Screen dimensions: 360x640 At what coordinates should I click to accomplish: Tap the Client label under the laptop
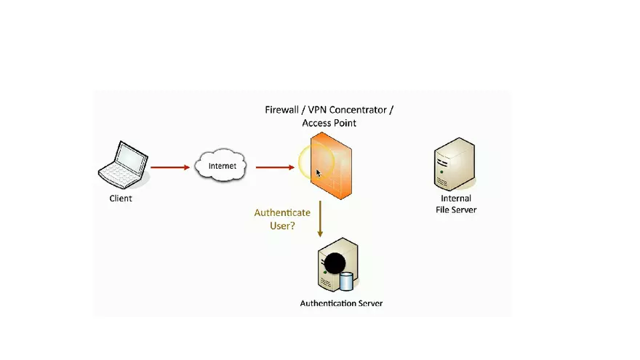tap(121, 198)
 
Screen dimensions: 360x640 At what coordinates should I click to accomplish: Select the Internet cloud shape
tap(222, 167)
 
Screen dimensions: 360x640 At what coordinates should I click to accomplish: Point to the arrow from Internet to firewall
tap(275, 167)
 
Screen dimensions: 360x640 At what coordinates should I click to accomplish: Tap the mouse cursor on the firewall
tap(319, 173)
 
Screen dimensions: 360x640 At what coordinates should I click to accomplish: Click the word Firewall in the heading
tap(284, 110)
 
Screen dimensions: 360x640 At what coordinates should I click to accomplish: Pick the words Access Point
tap(329, 123)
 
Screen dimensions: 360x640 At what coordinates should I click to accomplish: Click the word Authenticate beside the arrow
tap(281, 213)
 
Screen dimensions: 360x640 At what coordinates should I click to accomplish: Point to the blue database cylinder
tap(347, 281)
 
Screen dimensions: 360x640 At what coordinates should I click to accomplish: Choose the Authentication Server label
tap(341, 303)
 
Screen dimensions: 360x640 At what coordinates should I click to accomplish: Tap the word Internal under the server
tap(456, 199)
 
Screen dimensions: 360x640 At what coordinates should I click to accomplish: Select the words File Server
tap(456, 209)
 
